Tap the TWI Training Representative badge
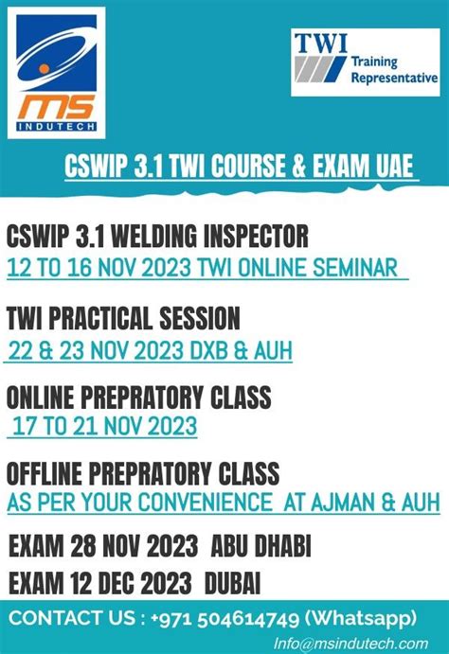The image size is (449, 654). point(365,62)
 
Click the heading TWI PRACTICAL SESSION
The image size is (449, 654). point(123,318)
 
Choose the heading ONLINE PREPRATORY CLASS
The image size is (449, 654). point(138,395)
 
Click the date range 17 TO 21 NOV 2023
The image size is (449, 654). point(104,426)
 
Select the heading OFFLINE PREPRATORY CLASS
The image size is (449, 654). point(143,470)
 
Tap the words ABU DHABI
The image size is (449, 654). point(261,547)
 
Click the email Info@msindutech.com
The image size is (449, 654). point(350,644)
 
